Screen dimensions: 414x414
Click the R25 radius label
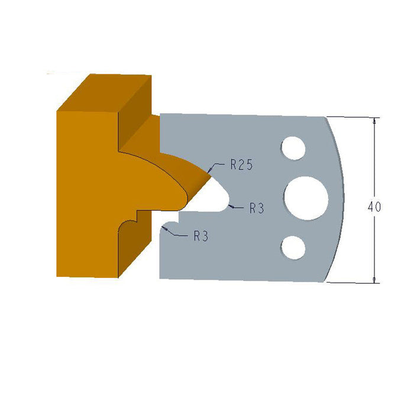point(241,166)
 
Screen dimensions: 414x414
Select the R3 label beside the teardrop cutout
point(256,208)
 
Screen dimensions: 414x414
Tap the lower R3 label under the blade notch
point(201,236)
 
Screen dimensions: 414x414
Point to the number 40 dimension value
point(374,207)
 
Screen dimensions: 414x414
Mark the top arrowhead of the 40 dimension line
point(374,121)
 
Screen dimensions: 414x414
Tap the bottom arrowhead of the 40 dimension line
point(374,279)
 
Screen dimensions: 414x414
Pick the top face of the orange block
point(103,92)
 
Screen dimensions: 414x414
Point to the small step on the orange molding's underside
point(136,215)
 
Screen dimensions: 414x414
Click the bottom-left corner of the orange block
point(58,276)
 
